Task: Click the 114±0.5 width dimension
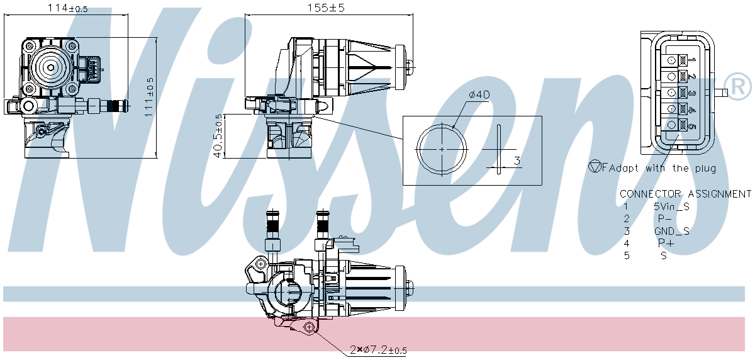click(68, 8)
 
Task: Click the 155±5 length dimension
click(327, 8)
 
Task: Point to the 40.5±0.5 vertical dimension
click(218, 136)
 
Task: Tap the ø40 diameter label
click(479, 95)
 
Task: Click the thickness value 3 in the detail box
click(517, 160)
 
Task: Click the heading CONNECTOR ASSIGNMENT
click(685, 194)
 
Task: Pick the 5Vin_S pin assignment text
click(672, 206)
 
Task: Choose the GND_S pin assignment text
click(671, 231)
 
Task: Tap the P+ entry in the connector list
click(666, 243)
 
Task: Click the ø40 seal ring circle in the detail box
click(442, 149)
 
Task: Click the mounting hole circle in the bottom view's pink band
click(308, 327)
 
